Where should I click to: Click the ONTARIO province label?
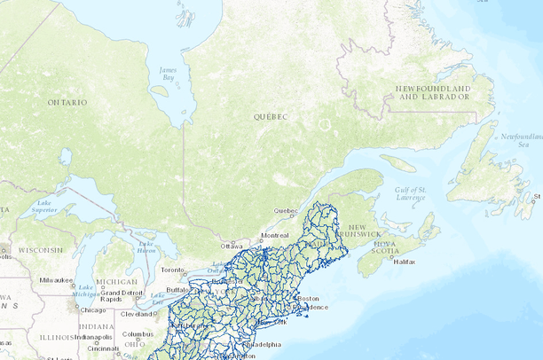point(67,103)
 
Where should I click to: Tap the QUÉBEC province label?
point(272,116)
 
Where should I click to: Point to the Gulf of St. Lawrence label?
point(411,192)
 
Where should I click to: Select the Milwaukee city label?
point(56,279)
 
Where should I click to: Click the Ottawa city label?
point(232,246)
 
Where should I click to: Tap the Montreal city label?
point(274,235)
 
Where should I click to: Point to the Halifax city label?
point(404,262)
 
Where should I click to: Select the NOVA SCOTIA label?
point(387,247)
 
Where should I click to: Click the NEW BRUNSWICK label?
point(365,228)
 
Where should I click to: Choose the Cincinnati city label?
point(104,348)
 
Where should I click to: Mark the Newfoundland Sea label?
point(519,139)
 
